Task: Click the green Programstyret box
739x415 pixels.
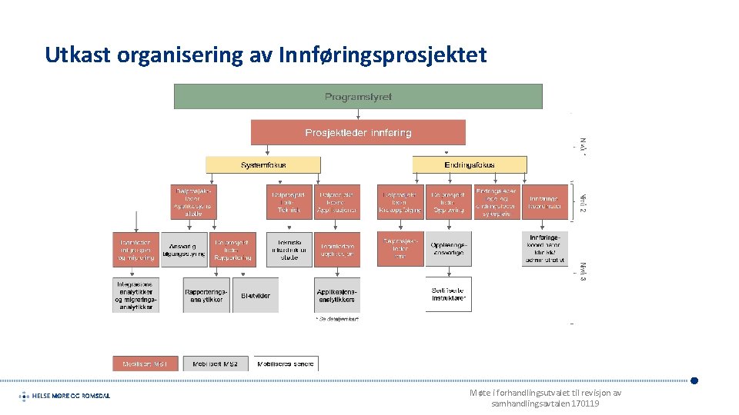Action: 358,97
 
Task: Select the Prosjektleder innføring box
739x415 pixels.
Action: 358,132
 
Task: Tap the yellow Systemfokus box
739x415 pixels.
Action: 263,164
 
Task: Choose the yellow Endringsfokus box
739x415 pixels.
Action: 470,164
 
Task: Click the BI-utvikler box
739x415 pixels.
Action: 256,295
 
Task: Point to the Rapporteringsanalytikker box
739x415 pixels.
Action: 206,295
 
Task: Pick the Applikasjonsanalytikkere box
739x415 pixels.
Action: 337,295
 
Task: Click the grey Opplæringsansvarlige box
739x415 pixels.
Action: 448,249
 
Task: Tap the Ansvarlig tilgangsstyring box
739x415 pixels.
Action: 184,249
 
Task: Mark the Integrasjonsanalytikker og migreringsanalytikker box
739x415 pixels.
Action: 136,295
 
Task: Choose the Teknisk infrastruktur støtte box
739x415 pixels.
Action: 289,249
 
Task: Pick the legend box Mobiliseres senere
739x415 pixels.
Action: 286,364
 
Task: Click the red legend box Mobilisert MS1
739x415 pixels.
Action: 145,364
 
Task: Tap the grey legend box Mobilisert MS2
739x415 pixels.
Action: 216,364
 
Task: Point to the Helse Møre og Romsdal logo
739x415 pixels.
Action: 65,396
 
